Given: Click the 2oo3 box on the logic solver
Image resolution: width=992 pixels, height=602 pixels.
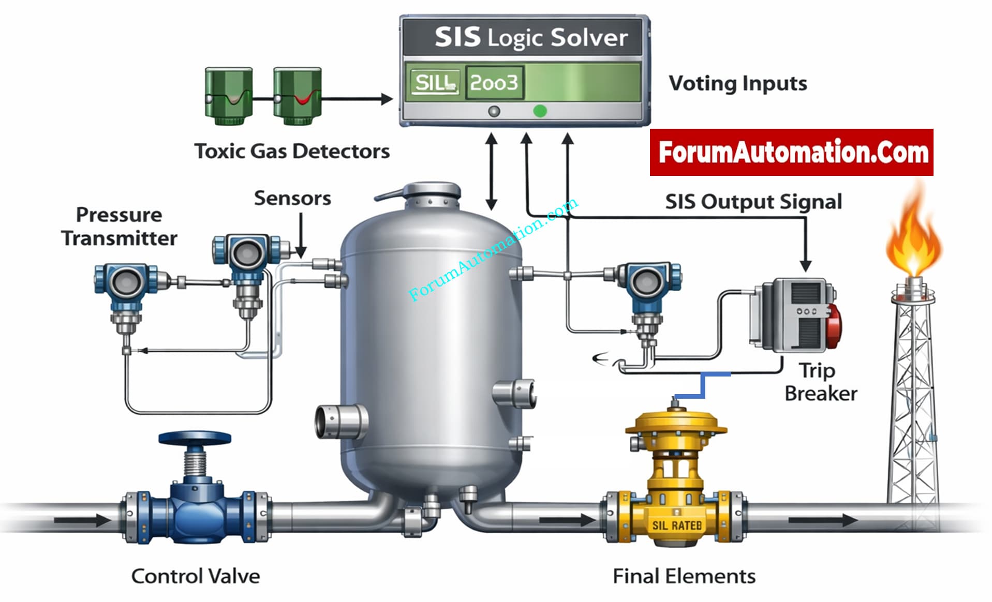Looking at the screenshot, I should pos(494,83).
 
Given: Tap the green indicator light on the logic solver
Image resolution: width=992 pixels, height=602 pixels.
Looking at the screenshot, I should pos(540,111).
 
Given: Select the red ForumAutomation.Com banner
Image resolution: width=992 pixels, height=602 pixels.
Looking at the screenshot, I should pos(791,153).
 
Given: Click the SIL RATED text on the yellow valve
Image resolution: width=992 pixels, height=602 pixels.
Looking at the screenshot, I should pos(677,525).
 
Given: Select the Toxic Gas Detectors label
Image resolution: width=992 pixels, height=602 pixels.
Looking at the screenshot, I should pos(292,151).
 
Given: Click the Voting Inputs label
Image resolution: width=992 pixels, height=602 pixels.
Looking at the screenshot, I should pos(737,83).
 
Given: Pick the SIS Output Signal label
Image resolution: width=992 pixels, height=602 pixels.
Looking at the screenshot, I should pos(753,202).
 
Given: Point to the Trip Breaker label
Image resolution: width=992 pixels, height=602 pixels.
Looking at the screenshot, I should pos(820,382).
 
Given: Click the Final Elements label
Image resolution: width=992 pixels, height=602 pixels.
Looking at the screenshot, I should pos(684,576).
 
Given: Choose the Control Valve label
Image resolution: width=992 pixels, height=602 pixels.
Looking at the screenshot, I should pos(196,576).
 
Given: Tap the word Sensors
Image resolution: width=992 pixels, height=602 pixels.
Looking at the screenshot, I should pos(292,198).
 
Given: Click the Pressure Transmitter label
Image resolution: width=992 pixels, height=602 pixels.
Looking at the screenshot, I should pos(119,227).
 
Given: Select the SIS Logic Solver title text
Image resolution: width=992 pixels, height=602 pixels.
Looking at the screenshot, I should pos(531,38).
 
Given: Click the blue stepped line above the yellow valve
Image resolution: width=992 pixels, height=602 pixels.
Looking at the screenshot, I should pos(703,385).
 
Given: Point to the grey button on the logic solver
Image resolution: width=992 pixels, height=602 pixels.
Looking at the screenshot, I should pos(494,111).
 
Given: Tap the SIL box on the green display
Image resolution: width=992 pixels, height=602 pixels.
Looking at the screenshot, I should pos(435,83).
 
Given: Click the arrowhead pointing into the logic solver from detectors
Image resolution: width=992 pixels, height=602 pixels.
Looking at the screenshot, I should pos(387,99).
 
